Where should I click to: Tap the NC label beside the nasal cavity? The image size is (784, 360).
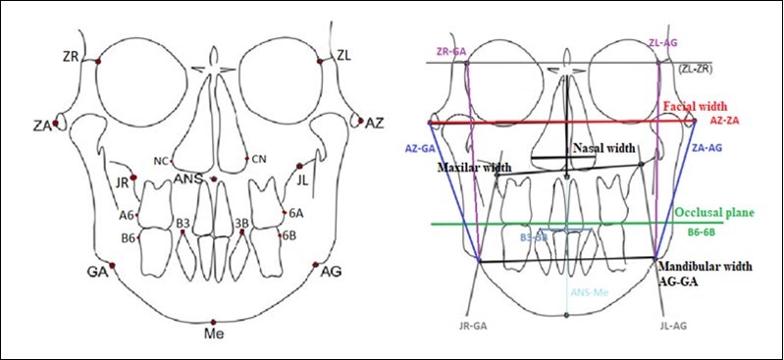pos(160,160)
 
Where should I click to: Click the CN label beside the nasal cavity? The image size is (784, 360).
pos(259,159)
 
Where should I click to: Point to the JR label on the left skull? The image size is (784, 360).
pos(122,182)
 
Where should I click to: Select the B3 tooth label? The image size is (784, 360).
pos(183,224)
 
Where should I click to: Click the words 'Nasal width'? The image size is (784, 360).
pos(603,148)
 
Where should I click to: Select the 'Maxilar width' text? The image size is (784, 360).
pos(475,169)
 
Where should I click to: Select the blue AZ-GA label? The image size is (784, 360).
pos(420,148)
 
